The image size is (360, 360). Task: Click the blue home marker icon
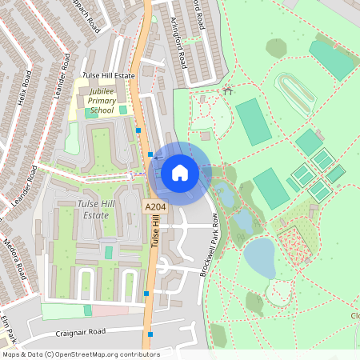(180, 173)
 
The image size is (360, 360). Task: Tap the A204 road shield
(155, 208)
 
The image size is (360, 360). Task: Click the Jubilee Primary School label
(102, 102)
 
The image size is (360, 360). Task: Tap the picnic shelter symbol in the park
(228, 90)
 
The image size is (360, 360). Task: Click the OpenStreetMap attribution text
(80, 354)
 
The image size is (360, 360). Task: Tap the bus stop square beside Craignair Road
(150, 334)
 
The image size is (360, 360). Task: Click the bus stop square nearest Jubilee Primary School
(138, 129)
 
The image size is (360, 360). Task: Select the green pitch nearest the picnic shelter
(254, 120)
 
